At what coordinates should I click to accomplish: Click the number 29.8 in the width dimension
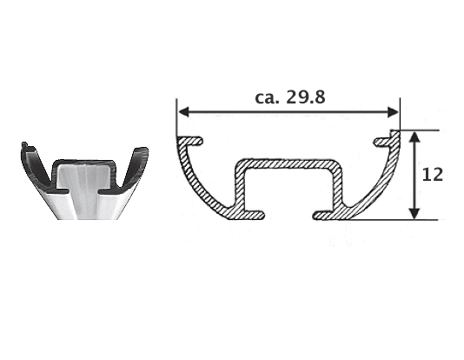pos(306,97)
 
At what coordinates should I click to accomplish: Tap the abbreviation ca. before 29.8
pos(267,98)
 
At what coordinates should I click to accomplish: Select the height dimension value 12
pos(432,175)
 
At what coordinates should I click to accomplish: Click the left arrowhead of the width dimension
pos(183,112)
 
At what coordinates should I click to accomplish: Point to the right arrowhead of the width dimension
pos(393,112)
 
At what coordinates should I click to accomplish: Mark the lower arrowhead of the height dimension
pos(414,214)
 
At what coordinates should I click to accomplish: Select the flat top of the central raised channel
pos(288,164)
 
